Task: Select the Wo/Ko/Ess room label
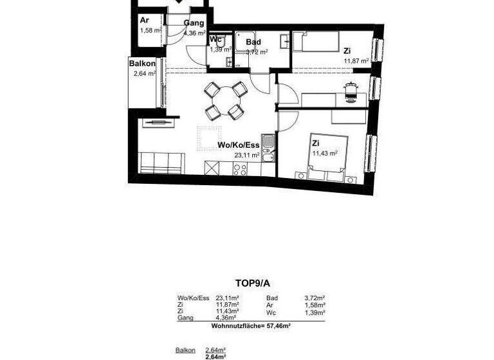(238, 145)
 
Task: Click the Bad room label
(253, 42)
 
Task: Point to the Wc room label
(215, 39)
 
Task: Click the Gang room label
(194, 24)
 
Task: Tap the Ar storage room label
(144, 20)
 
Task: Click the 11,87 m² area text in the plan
(356, 61)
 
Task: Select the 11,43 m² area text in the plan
(325, 154)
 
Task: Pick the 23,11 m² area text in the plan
(247, 155)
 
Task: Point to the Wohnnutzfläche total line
(251, 327)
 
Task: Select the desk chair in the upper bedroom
(350, 92)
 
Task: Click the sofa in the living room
(158, 163)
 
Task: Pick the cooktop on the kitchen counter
(240, 169)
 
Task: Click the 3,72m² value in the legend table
(315, 298)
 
